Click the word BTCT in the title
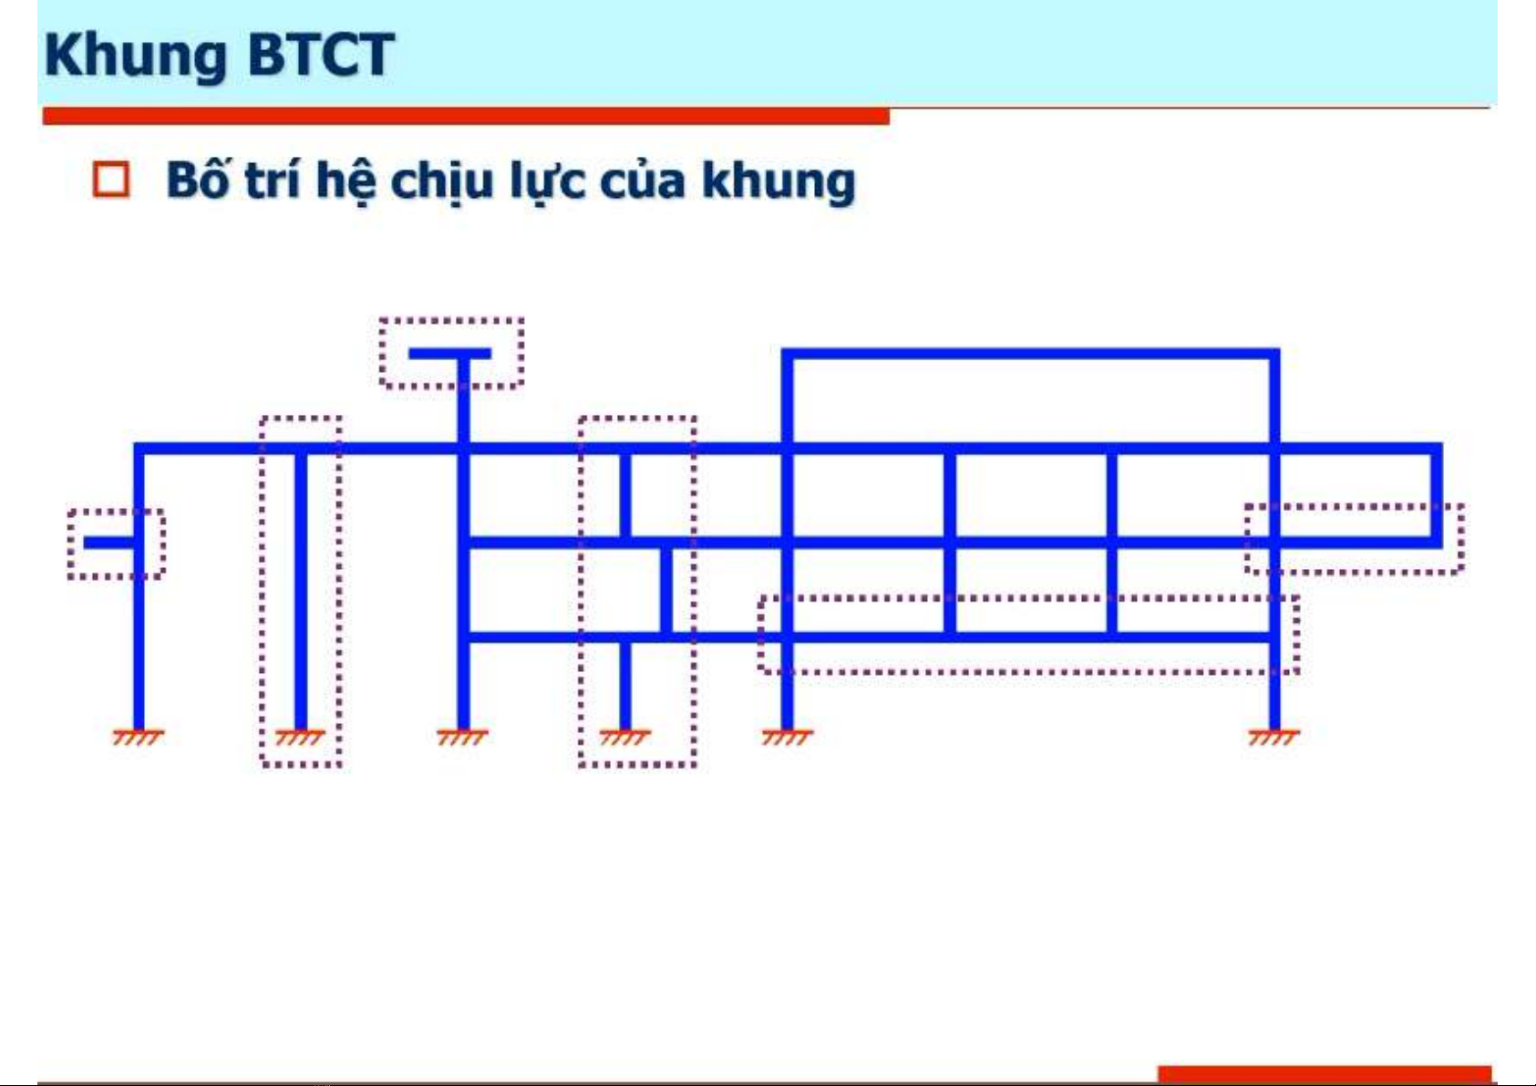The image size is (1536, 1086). (320, 54)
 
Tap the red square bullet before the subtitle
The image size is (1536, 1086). (111, 180)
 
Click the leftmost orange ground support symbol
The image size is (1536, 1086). (139, 737)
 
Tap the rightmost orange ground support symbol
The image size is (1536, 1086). (1274, 737)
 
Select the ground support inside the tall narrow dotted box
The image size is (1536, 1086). (300, 737)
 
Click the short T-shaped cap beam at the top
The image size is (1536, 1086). (449, 354)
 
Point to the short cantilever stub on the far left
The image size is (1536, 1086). (109, 543)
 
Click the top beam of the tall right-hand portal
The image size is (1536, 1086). (1031, 354)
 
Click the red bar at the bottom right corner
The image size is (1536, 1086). (1325, 1073)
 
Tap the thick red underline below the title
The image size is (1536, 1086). (467, 116)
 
